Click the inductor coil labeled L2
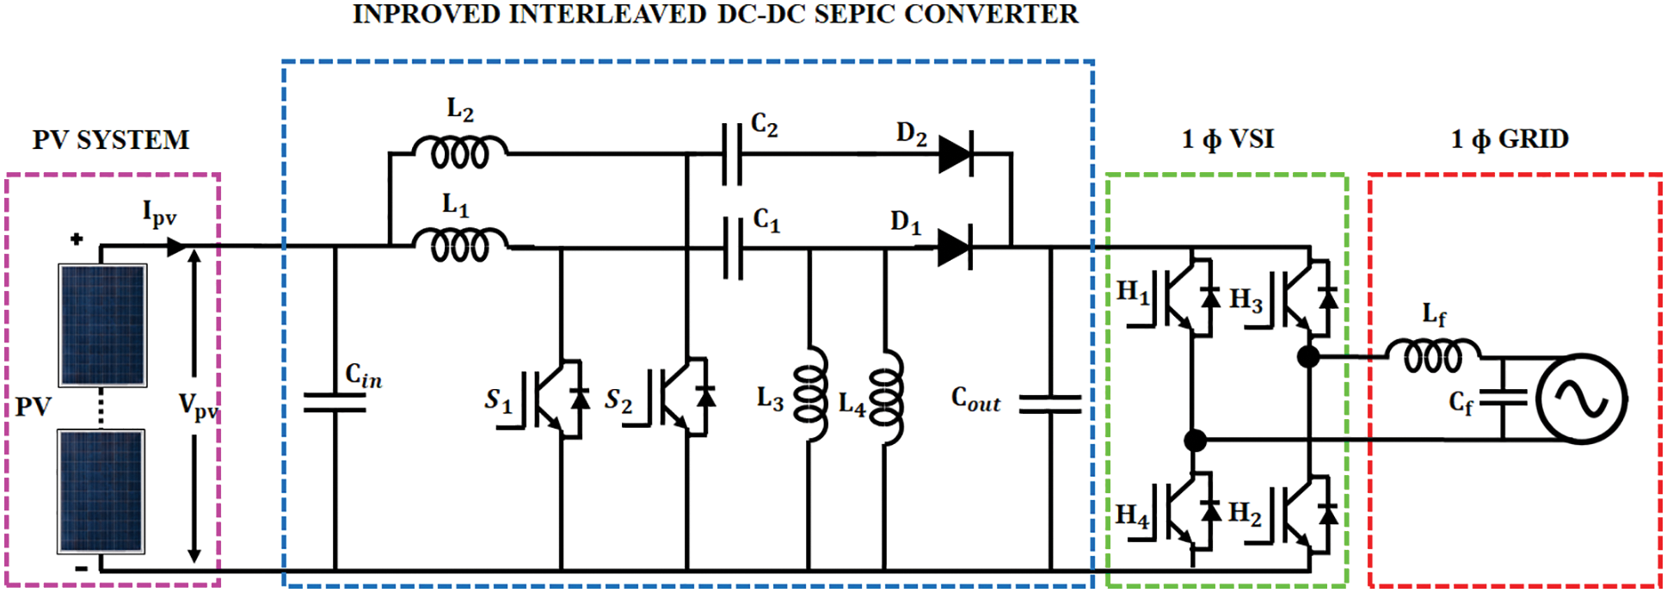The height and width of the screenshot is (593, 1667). point(460,153)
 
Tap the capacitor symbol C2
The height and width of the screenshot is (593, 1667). point(732,154)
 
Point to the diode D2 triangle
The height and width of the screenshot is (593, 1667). point(955,155)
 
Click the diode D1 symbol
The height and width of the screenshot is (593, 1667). point(954,249)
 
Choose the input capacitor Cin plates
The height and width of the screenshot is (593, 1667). point(335,403)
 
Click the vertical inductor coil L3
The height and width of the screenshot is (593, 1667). point(810,395)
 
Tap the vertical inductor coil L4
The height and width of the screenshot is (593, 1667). point(886,397)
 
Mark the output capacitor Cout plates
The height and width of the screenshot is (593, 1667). point(1050,405)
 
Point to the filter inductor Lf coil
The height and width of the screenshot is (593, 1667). point(1432,355)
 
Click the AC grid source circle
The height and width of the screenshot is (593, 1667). point(1581,399)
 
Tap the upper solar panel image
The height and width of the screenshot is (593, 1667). point(102,324)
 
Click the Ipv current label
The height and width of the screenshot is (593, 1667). point(159,213)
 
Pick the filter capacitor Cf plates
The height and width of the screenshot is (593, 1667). point(1503,398)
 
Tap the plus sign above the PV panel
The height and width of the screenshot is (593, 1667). point(77,239)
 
